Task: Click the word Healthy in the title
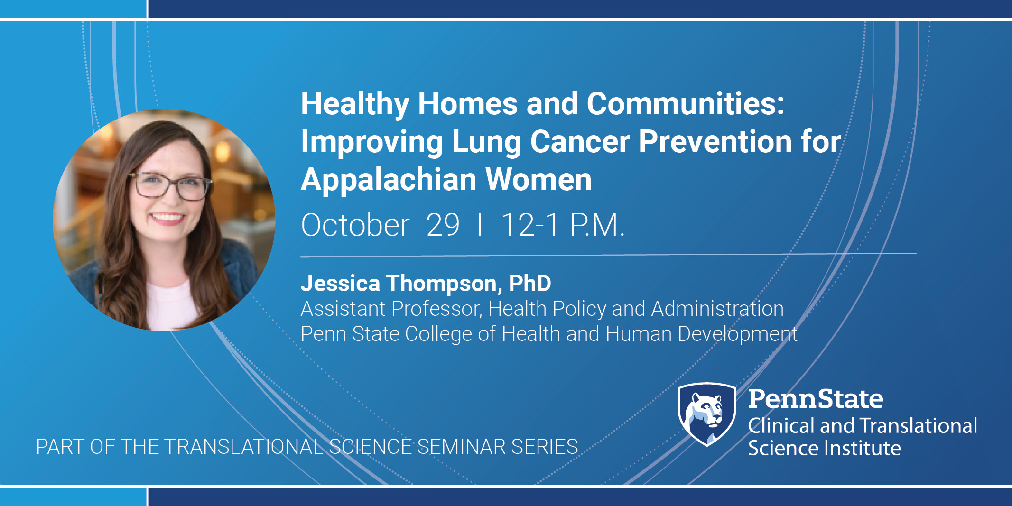(x=355, y=104)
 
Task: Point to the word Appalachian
(x=389, y=180)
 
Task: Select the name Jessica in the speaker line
(x=340, y=284)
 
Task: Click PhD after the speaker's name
(x=530, y=284)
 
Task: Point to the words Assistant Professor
(x=391, y=309)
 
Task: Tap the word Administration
(x=717, y=309)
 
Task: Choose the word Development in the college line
(x=738, y=334)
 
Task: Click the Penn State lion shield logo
(x=707, y=414)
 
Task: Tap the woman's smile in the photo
(x=167, y=218)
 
